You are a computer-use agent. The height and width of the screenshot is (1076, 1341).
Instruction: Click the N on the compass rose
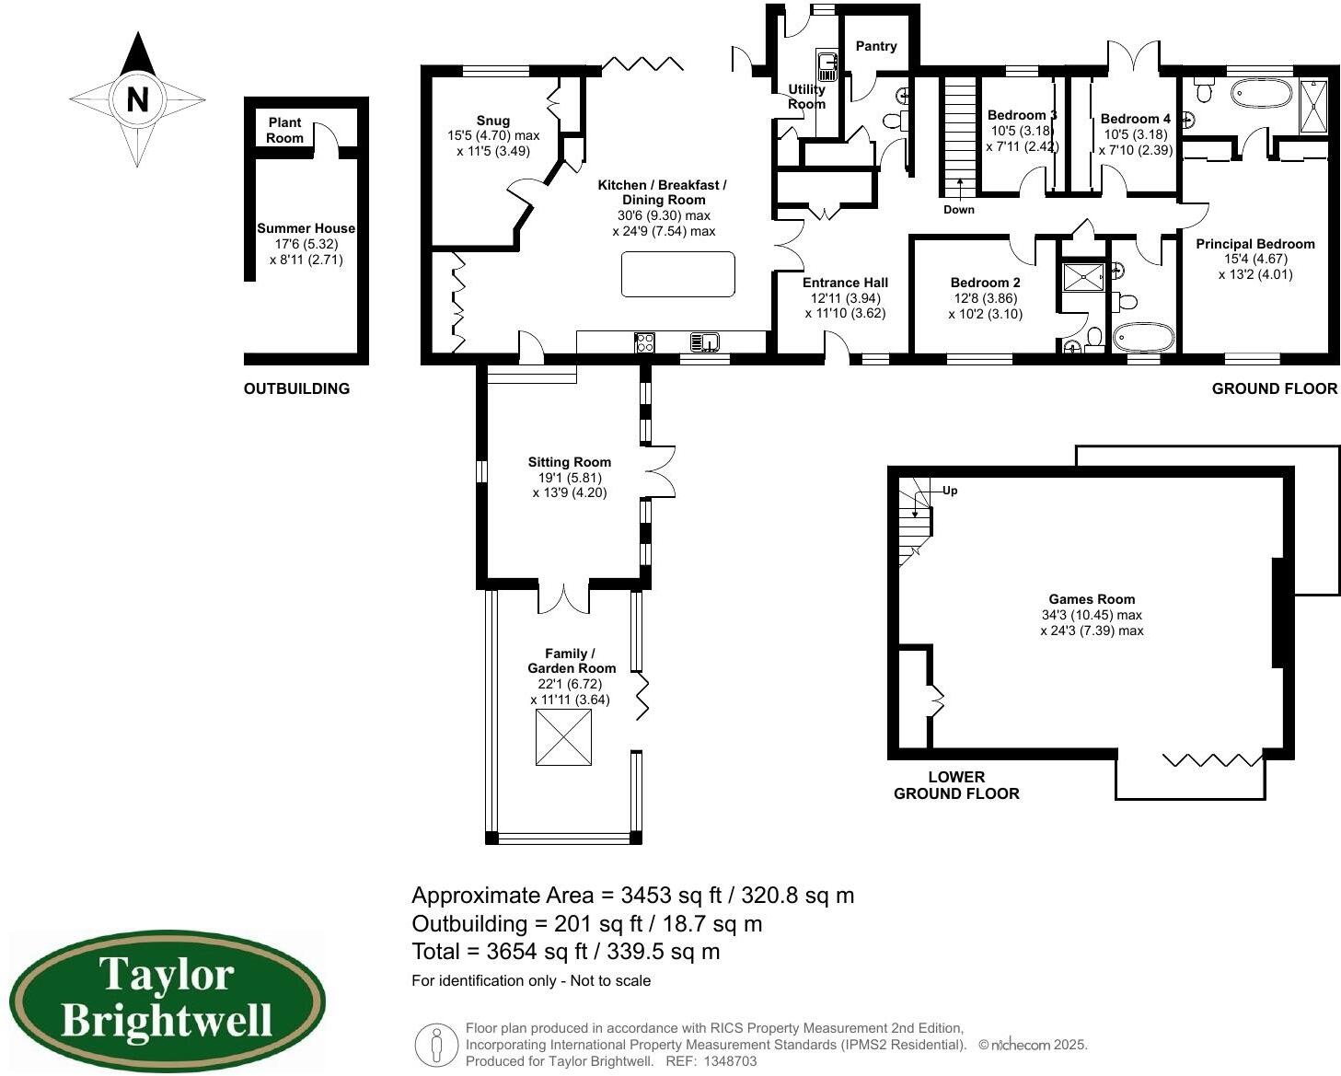click(137, 98)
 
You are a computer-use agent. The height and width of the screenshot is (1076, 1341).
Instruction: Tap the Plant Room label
click(285, 131)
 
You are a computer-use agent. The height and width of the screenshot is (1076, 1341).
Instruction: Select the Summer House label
click(306, 228)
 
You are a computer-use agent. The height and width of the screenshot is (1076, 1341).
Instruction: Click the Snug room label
click(493, 121)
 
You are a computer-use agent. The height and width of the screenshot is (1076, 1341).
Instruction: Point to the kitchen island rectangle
click(678, 274)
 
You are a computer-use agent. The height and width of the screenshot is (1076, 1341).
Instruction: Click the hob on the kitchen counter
click(644, 342)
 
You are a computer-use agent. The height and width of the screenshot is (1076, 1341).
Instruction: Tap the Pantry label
click(875, 46)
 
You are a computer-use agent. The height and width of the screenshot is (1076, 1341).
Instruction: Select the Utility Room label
click(806, 97)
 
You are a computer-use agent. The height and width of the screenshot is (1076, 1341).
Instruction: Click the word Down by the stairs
click(958, 210)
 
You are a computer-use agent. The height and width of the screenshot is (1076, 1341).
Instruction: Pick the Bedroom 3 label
click(1022, 115)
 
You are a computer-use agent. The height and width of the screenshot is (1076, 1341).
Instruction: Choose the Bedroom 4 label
click(1135, 119)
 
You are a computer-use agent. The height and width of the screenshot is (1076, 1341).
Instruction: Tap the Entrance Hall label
click(845, 283)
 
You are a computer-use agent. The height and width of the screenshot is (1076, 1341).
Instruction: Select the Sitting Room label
click(569, 462)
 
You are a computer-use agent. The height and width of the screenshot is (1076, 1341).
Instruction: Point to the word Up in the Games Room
click(950, 491)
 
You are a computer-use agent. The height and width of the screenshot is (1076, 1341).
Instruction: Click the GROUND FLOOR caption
click(1274, 388)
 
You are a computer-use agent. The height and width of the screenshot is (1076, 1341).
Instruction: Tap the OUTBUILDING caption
click(296, 388)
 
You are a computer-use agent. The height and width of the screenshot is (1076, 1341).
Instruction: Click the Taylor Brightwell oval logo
click(168, 1001)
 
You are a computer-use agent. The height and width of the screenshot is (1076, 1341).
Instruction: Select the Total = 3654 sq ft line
click(565, 952)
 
